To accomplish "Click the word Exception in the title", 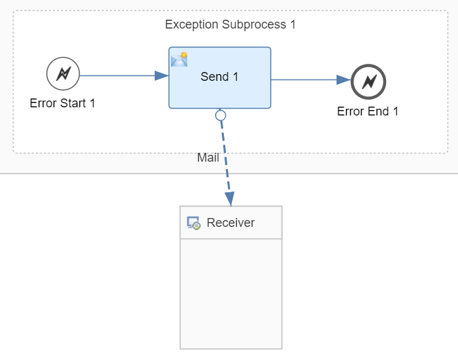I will (x=192, y=25).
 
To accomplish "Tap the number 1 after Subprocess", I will (x=292, y=25).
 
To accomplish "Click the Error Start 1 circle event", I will (x=63, y=74).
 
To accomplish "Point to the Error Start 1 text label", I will (x=62, y=104).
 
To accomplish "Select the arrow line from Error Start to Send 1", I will (x=119, y=75).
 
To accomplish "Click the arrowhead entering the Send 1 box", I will (x=162, y=75).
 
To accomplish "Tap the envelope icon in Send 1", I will (x=179, y=60).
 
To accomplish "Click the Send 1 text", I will (x=219, y=77).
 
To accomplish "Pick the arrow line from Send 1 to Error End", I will (x=305, y=79).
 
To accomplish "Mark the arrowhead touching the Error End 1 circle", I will (x=344, y=79).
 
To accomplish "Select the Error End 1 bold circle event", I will (x=368, y=82).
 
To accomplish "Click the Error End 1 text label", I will (x=368, y=111).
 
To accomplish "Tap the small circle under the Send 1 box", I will (x=221, y=115).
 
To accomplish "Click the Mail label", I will (x=208, y=158).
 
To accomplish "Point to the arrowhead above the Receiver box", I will (x=230, y=198).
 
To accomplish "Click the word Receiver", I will (x=231, y=223).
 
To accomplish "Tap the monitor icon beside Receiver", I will (x=193, y=223).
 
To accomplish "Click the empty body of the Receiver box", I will (x=231, y=292).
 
